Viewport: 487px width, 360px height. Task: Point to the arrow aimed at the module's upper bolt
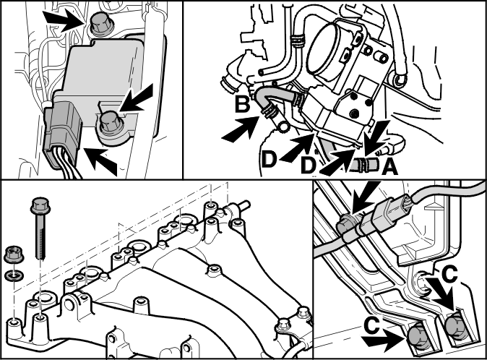64,20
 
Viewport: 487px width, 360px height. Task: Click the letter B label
242,104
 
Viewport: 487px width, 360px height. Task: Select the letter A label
389,167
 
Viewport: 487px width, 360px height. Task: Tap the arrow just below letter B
240,130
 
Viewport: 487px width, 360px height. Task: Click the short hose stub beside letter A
366,164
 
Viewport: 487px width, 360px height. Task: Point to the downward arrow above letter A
376,138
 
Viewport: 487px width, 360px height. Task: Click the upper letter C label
449,275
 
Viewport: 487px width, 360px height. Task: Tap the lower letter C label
371,326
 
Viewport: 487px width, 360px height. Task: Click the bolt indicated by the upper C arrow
454,325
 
